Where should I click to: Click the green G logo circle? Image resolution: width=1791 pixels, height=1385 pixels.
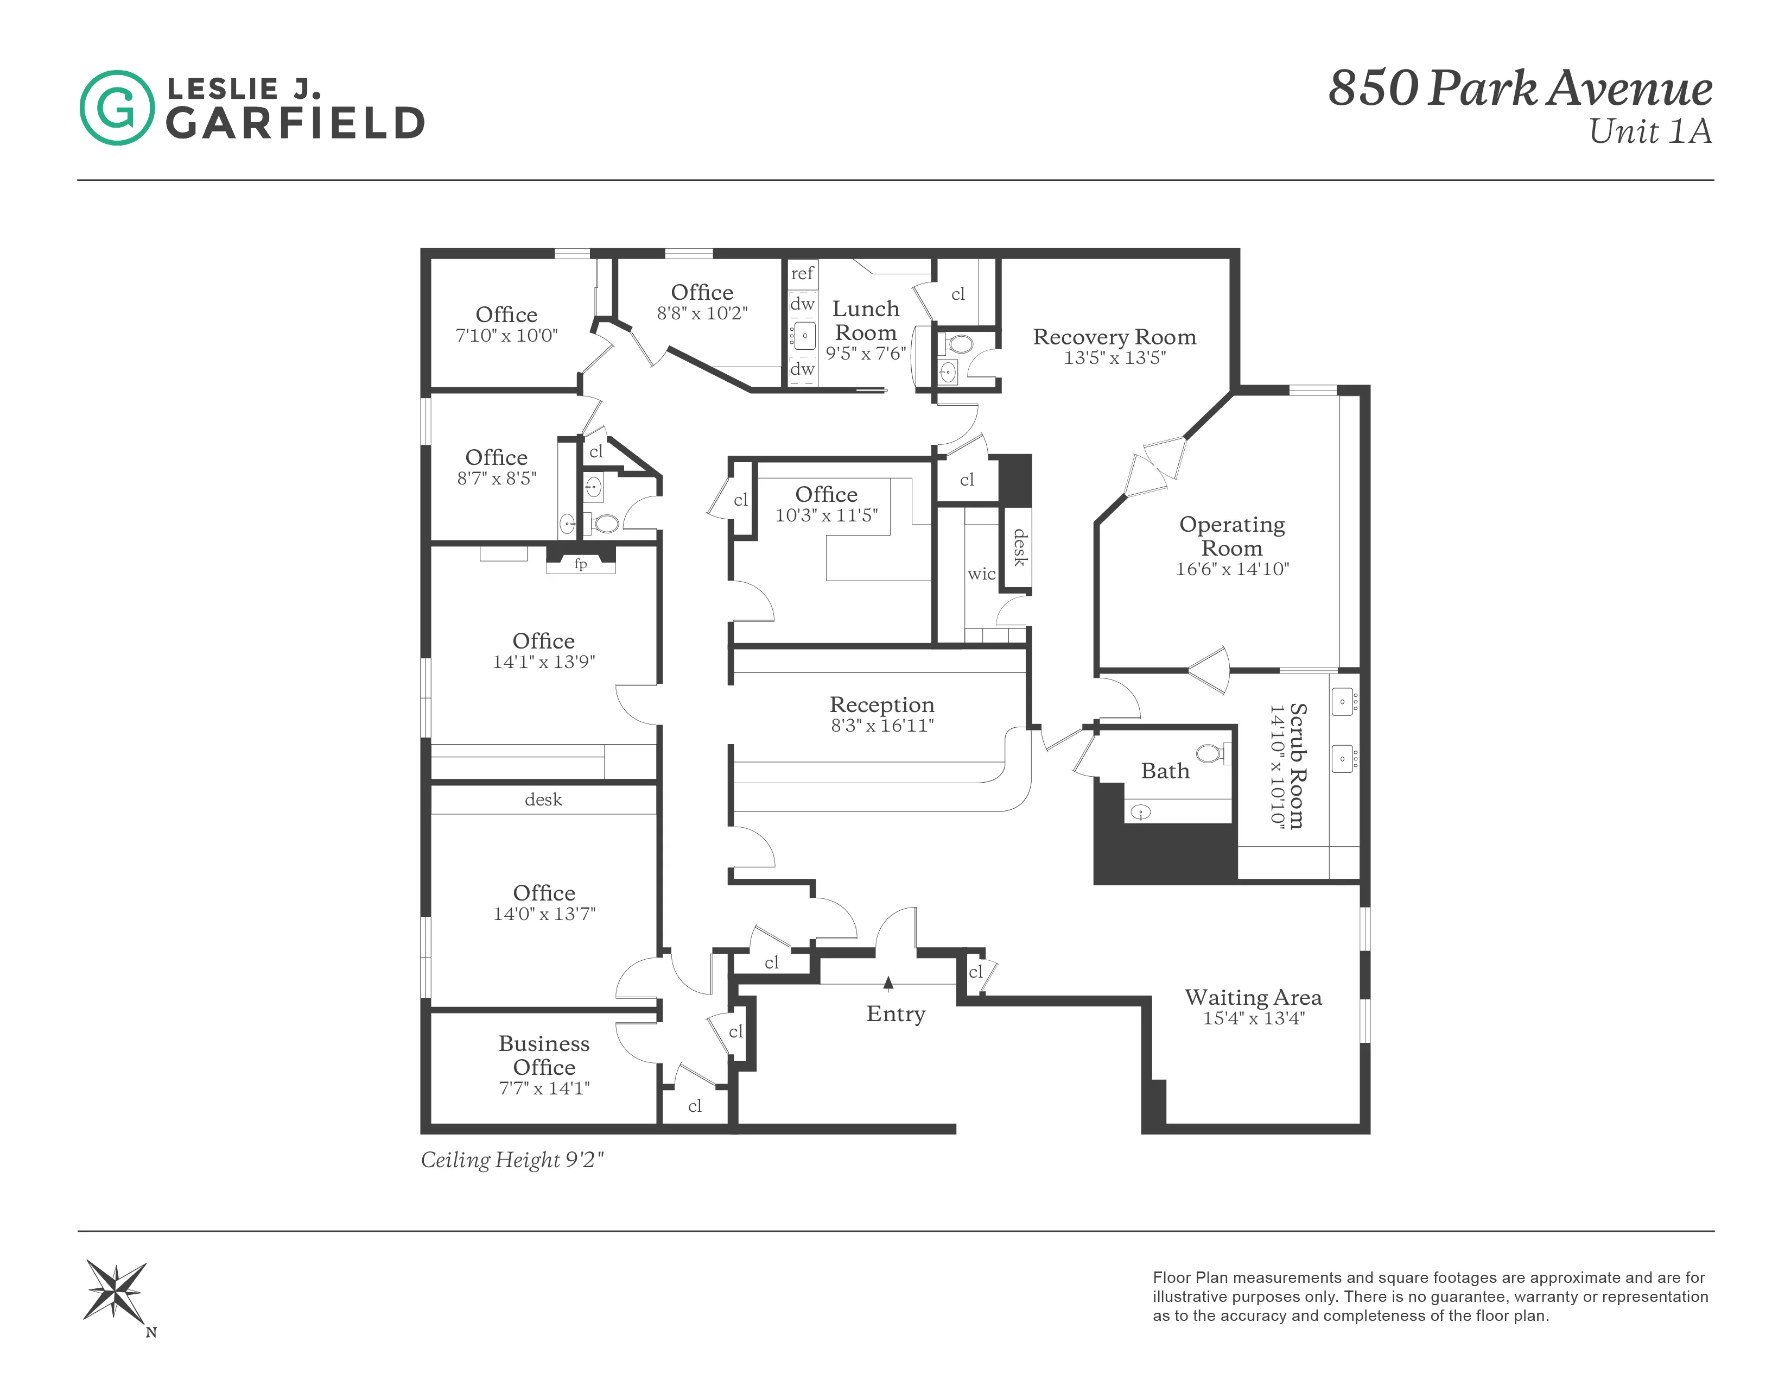(117, 108)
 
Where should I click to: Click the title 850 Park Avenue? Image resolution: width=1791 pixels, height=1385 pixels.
(1520, 88)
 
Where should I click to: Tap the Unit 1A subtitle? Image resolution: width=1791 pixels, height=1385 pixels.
(1650, 131)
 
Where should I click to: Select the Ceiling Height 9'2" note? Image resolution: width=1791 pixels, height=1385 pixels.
(512, 1160)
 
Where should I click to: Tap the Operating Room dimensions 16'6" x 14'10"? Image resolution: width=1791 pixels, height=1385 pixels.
(1232, 569)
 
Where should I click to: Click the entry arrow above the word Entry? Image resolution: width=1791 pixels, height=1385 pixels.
(888, 982)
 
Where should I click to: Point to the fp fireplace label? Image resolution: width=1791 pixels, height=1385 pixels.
(581, 564)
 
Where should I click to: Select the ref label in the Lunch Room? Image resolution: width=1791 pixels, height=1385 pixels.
(802, 273)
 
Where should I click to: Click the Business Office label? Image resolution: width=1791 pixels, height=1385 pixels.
(544, 1055)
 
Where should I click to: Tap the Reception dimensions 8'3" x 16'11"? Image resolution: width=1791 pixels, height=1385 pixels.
(881, 725)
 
